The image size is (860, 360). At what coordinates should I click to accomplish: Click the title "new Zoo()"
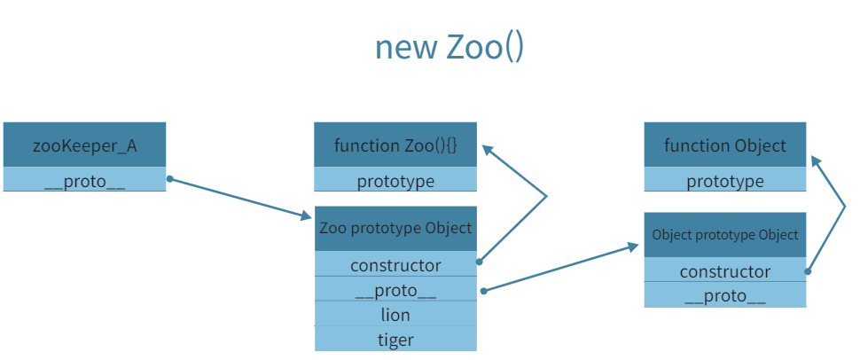pos(450,47)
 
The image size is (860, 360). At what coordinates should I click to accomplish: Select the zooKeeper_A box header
pos(84,145)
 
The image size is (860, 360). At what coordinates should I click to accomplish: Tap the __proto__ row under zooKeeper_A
pos(84,180)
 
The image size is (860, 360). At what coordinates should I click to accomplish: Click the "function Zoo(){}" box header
pos(395,145)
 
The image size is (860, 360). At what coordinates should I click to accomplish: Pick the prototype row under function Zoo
pos(395,181)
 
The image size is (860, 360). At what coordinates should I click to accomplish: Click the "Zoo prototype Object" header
pos(395,228)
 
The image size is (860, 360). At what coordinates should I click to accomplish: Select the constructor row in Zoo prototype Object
pos(395,264)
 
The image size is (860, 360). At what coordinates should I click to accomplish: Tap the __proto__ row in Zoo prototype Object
pos(395,289)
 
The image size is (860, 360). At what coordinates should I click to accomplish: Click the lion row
pos(395,314)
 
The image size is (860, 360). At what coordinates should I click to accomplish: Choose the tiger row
pos(395,339)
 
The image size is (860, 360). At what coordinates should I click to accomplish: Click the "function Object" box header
pos(725,145)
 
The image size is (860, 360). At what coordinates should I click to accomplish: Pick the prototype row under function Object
pos(725,181)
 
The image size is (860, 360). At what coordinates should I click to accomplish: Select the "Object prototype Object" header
pos(725,235)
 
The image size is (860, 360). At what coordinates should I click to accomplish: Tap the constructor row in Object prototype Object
pos(725,271)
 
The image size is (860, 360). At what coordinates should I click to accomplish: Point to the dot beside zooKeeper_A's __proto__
pos(169,179)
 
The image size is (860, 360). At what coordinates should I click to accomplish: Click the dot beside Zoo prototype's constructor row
pos(480,262)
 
